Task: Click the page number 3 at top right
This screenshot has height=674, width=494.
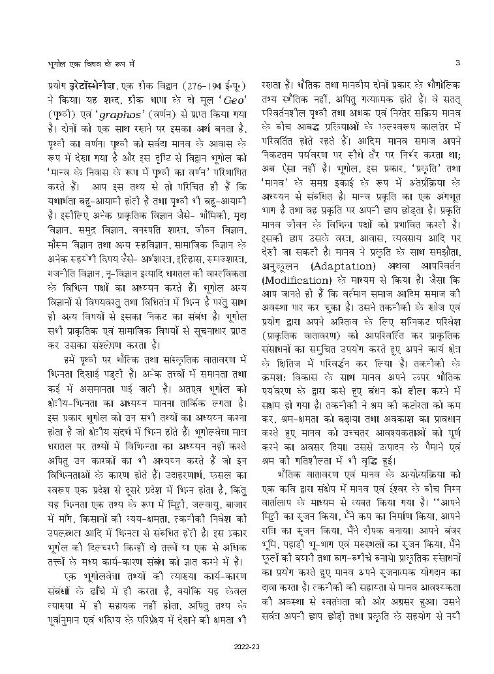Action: (458, 63)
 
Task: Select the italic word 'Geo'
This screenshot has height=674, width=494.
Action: (219, 98)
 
